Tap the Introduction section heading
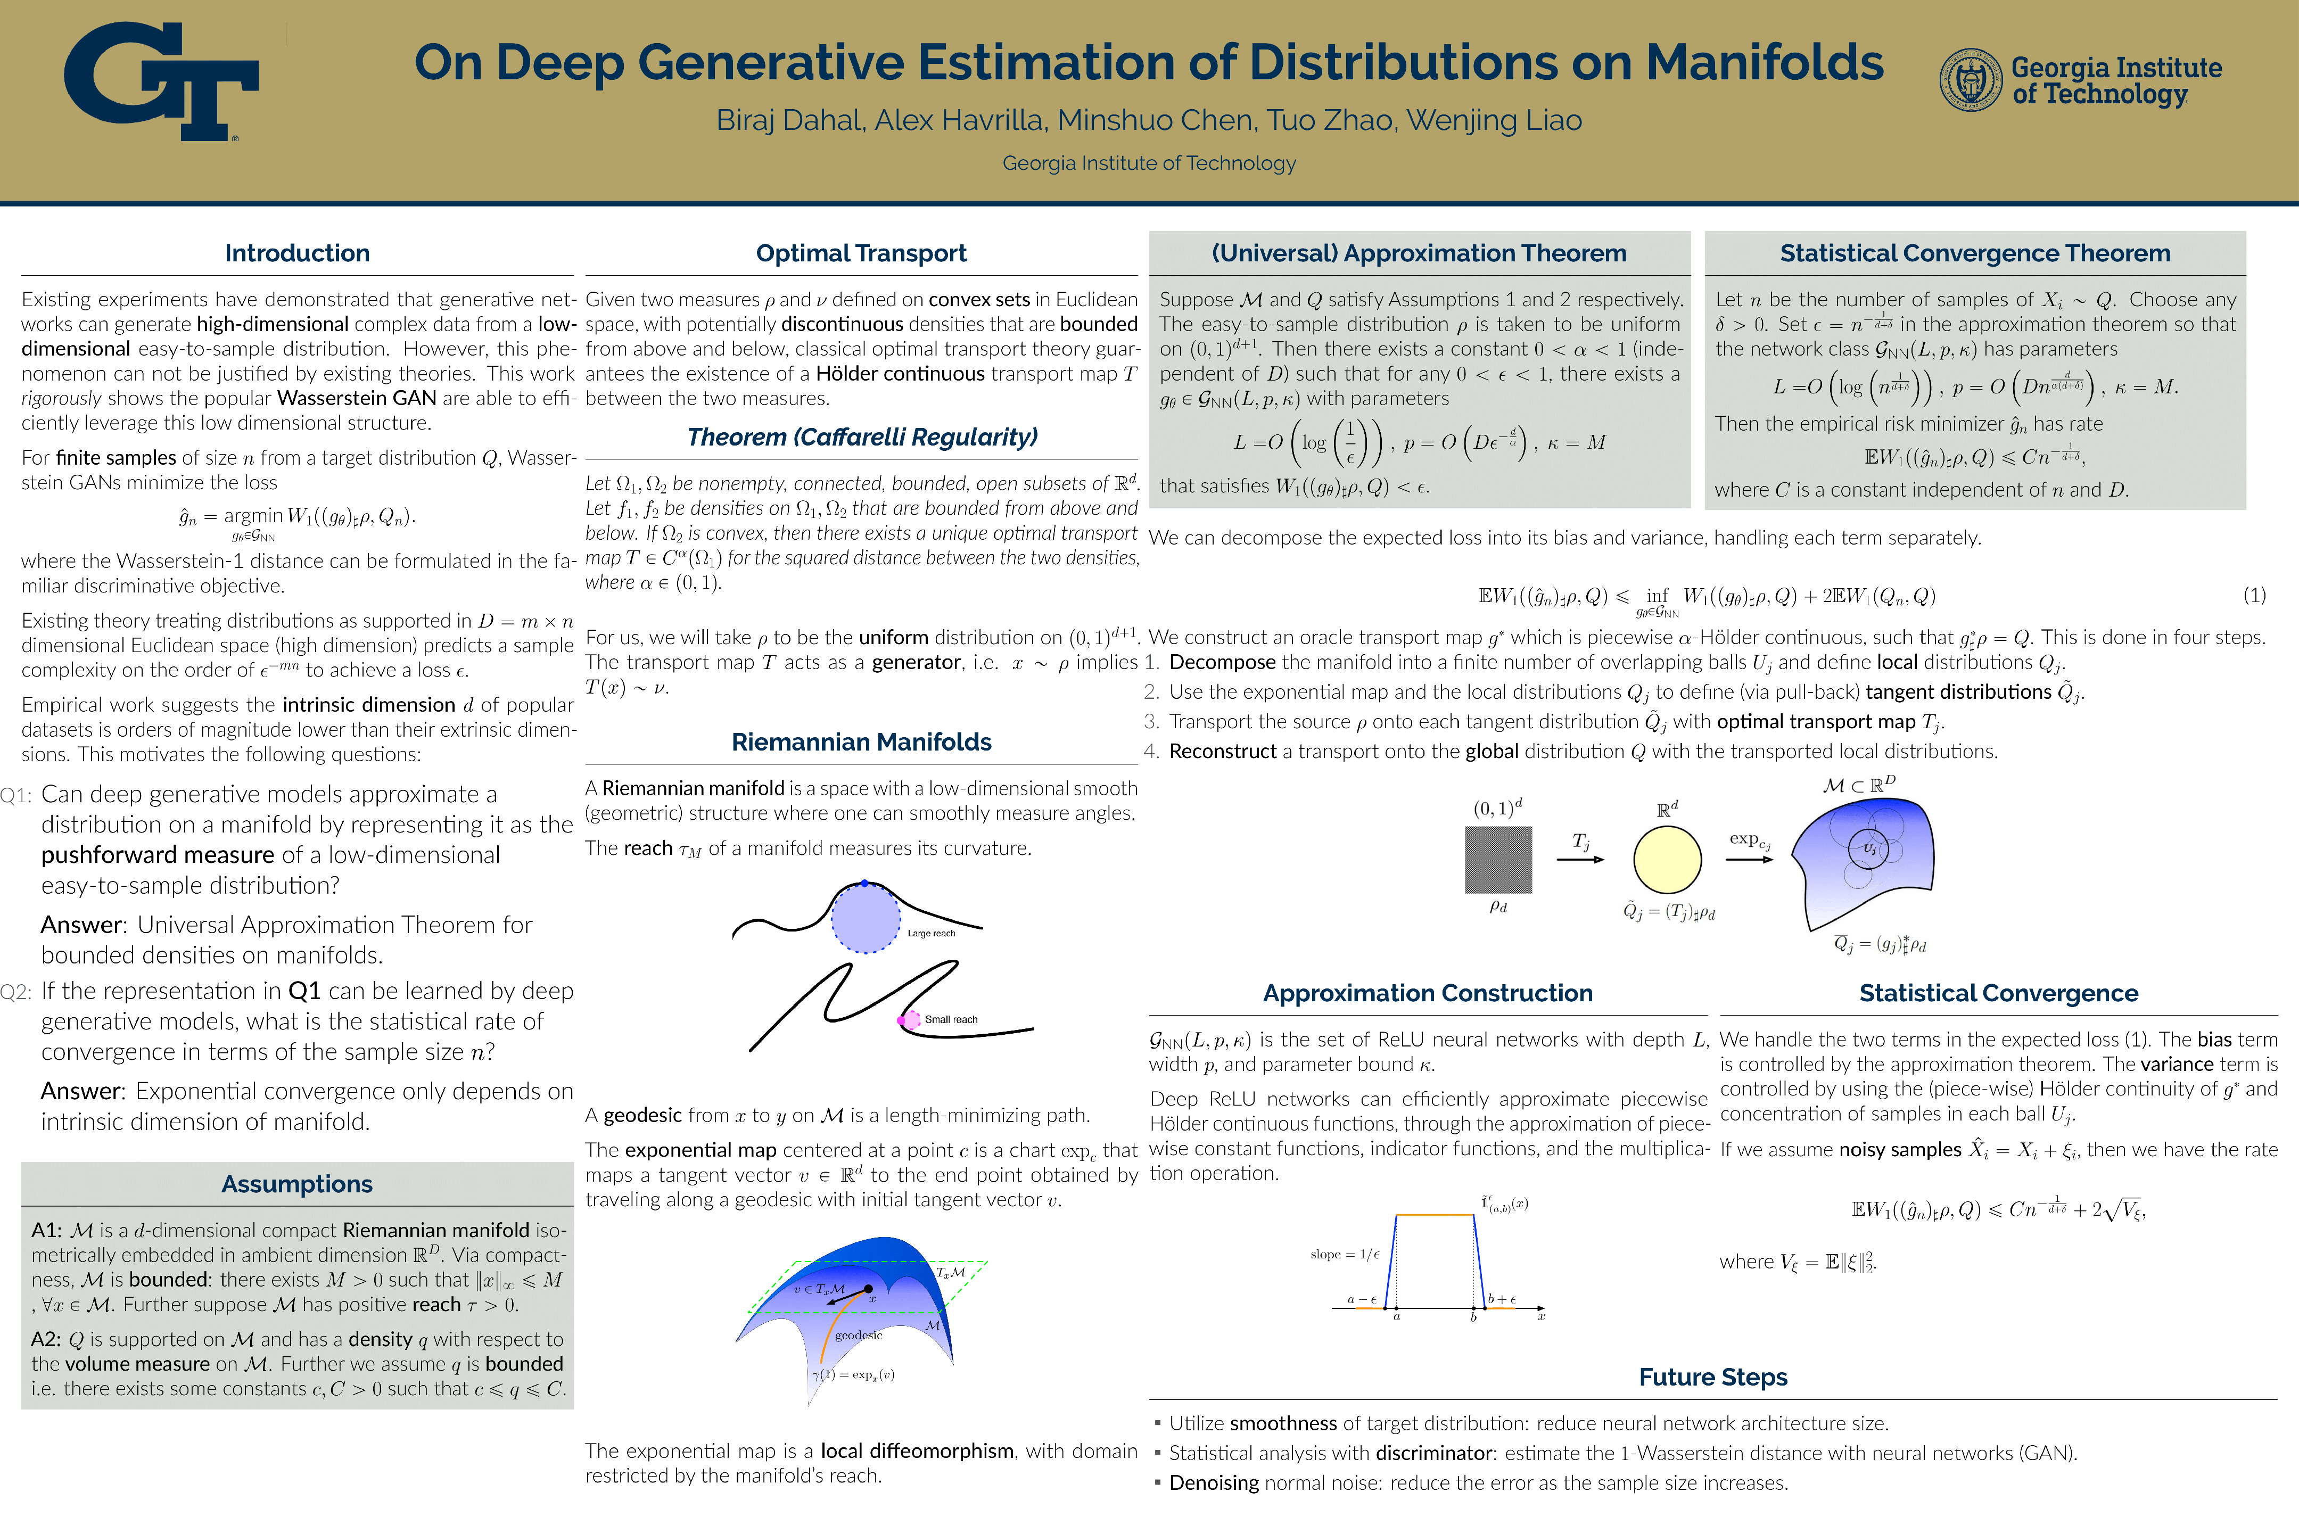[x=297, y=253]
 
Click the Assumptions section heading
[x=297, y=1184]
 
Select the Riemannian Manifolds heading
[x=861, y=742]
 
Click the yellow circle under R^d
[x=1668, y=860]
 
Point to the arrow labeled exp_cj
[x=1749, y=859]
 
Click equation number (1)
[x=2254, y=596]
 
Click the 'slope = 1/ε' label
[x=1344, y=1255]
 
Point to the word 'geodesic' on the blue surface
[x=858, y=1336]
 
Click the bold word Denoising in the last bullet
[x=1214, y=1483]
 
